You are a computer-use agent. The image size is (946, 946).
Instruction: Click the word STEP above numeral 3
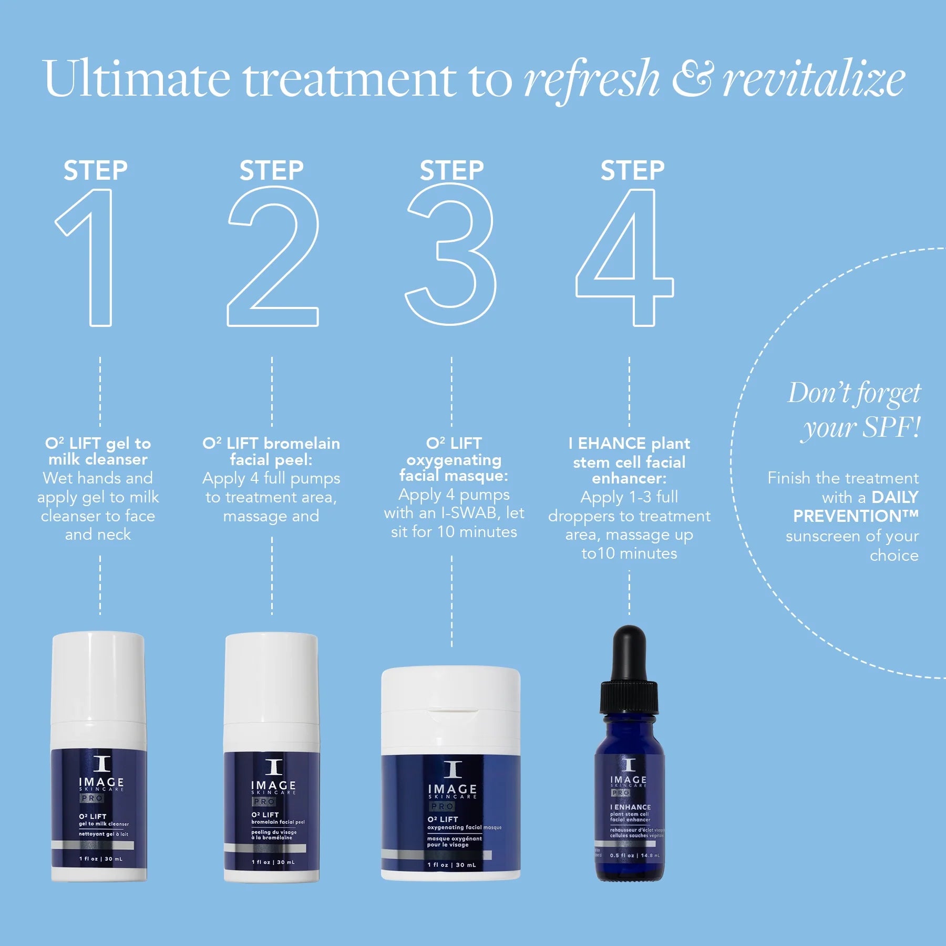coord(451,170)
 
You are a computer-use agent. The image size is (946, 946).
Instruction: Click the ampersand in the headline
coord(693,79)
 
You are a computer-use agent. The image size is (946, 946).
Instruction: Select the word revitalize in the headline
coord(814,80)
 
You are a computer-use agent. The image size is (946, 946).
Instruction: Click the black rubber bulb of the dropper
coord(629,652)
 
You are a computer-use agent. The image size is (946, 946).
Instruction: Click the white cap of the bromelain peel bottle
coord(272,678)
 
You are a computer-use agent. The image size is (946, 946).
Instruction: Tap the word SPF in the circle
coord(889,427)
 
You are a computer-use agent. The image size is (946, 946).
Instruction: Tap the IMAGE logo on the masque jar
coord(453,789)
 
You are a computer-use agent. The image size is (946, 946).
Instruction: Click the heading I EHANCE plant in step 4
coord(629,444)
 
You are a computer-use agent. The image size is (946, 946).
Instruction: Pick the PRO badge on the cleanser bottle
coord(92,798)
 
